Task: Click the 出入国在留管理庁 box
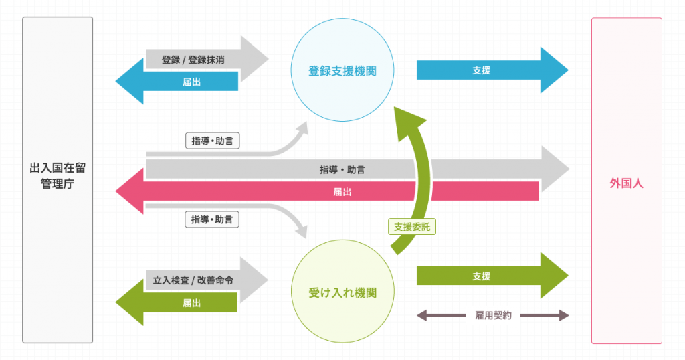tap(58, 179)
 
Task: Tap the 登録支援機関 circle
tap(342, 70)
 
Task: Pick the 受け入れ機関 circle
tap(342, 293)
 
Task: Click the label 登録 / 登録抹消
tap(193, 60)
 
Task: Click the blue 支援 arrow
tap(482, 70)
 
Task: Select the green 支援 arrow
tap(482, 276)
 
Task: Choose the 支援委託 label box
tap(412, 227)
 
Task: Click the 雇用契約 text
tap(492, 315)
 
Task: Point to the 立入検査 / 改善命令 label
tap(193, 281)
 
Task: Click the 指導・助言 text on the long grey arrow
tap(342, 170)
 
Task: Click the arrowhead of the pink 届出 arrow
tap(130, 192)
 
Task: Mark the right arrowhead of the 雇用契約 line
tap(564, 315)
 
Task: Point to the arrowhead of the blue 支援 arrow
tap(554, 70)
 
